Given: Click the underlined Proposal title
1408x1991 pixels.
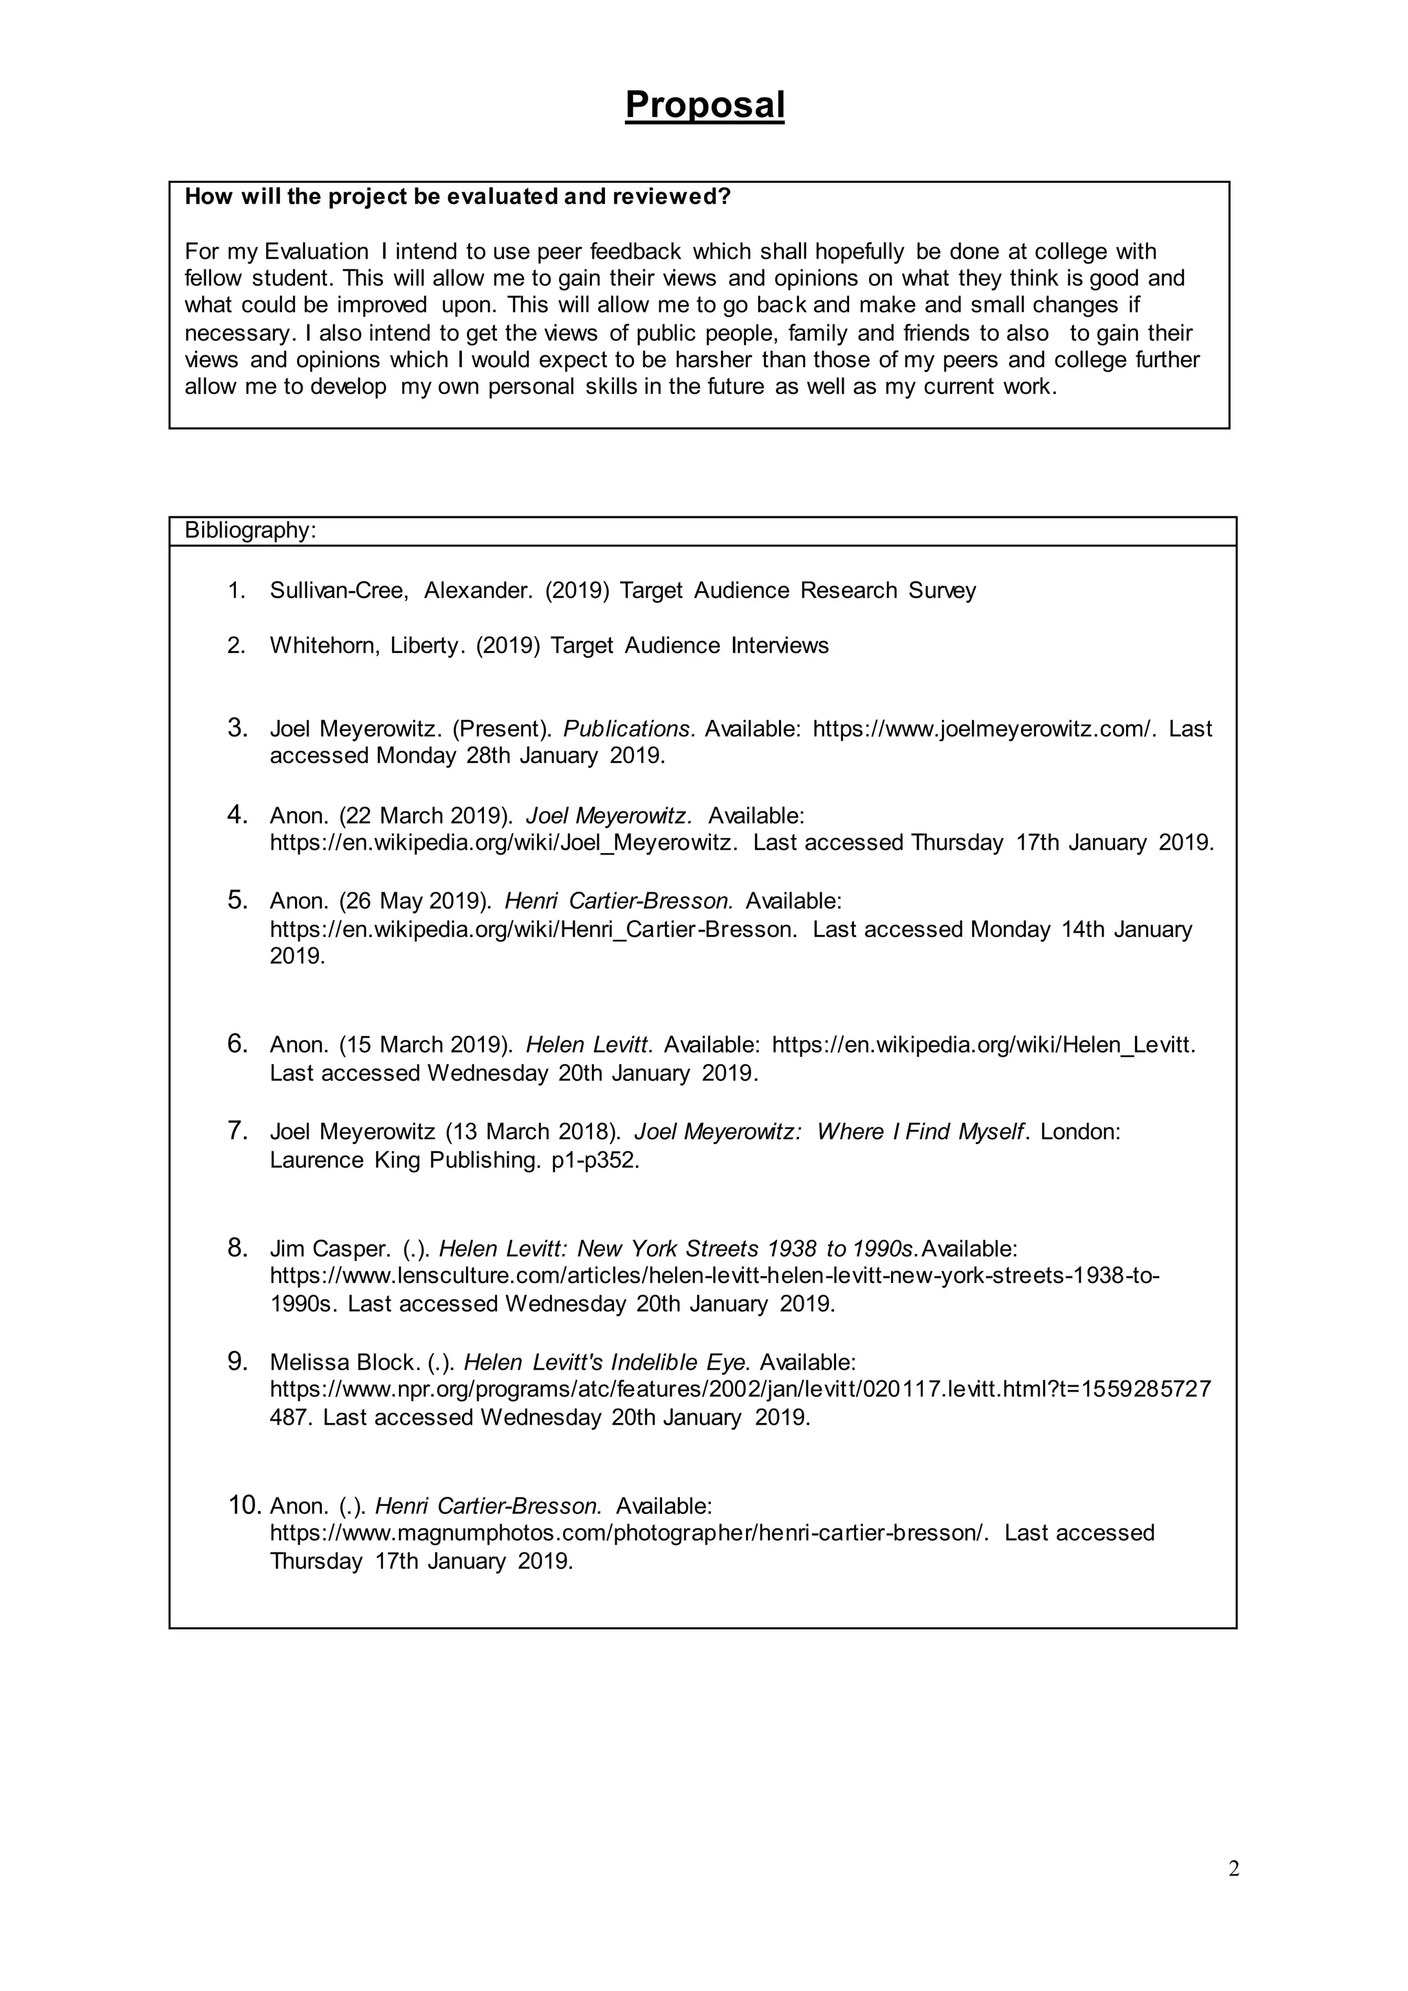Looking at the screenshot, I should coord(704,105).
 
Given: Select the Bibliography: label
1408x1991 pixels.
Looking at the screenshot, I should coord(250,531).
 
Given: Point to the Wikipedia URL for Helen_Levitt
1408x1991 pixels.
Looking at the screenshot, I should coord(982,1044).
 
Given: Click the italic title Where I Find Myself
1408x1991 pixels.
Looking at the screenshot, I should coord(922,1132).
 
